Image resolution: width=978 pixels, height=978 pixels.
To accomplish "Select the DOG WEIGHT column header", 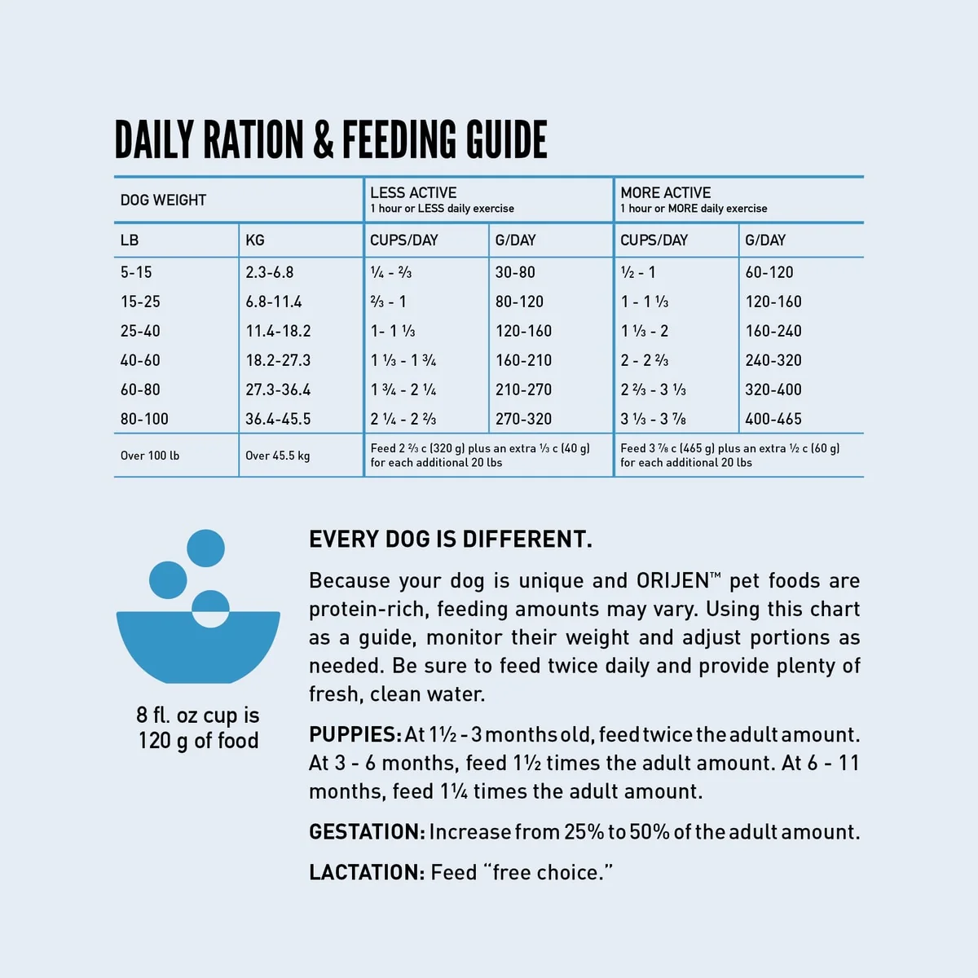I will pyautogui.click(x=163, y=200).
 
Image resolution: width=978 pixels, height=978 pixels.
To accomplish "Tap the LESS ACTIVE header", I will pyautogui.click(x=413, y=192).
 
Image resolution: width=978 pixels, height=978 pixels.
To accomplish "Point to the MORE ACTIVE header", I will pyautogui.click(x=665, y=192).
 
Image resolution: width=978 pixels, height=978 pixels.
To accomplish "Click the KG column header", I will pyautogui.click(x=255, y=240).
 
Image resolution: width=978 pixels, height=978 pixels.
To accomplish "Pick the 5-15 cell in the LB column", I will pyautogui.click(x=136, y=272).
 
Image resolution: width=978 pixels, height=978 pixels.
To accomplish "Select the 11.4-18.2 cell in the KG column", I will pyautogui.click(x=278, y=331).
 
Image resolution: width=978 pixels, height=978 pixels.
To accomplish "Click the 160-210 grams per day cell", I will pyautogui.click(x=523, y=360).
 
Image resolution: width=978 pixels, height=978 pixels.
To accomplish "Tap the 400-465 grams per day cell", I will pyautogui.click(x=773, y=419).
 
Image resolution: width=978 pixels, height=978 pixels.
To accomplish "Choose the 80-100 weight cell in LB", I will pyautogui.click(x=144, y=419).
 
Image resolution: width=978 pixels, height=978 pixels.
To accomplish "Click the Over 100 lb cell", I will pyautogui.click(x=150, y=456).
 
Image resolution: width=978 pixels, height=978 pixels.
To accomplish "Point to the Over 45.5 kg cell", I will pyautogui.click(x=277, y=456).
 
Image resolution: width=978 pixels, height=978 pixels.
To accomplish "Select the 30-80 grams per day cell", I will pyautogui.click(x=515, y=272).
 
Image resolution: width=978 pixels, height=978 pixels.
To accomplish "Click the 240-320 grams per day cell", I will pyautogui.click(x=773, y=360).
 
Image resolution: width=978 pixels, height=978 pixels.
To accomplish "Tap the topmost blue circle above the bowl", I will pyautogui.click(x=205, y=548).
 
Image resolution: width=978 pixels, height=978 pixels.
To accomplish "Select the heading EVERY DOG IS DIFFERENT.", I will pyautogui.click(x=451, y=540).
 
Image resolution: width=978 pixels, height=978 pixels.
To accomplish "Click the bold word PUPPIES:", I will pyautogui.click(x=355, y=734).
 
